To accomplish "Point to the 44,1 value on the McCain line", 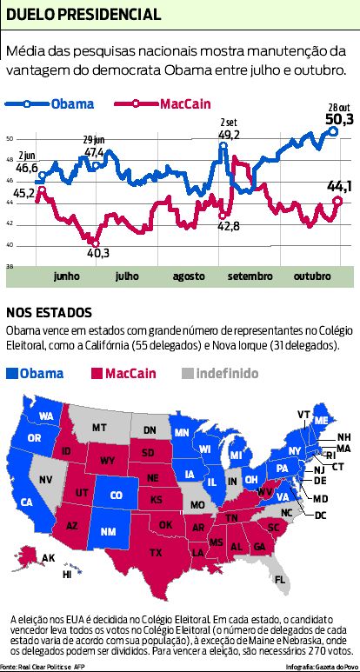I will pos(338,185).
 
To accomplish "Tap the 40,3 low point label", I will pos(98,253).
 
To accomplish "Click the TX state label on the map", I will pos(156,552).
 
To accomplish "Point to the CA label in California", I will pos(27,502).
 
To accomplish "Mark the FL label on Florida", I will pos(279,579).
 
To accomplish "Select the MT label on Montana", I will pos(100,428).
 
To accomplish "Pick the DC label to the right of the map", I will pos(319,516).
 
